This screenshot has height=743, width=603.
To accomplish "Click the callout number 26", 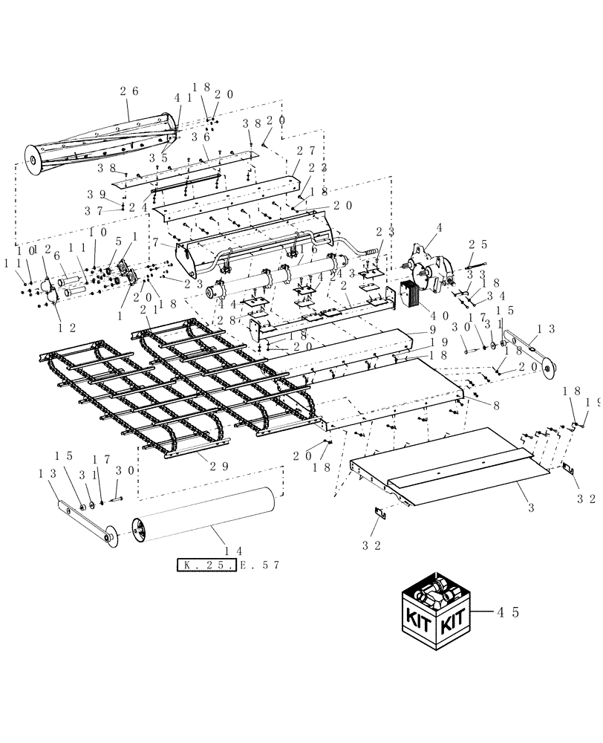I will click(x=129, y=92).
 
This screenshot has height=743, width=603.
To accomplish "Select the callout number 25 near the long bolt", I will click(x=477, y=244).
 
